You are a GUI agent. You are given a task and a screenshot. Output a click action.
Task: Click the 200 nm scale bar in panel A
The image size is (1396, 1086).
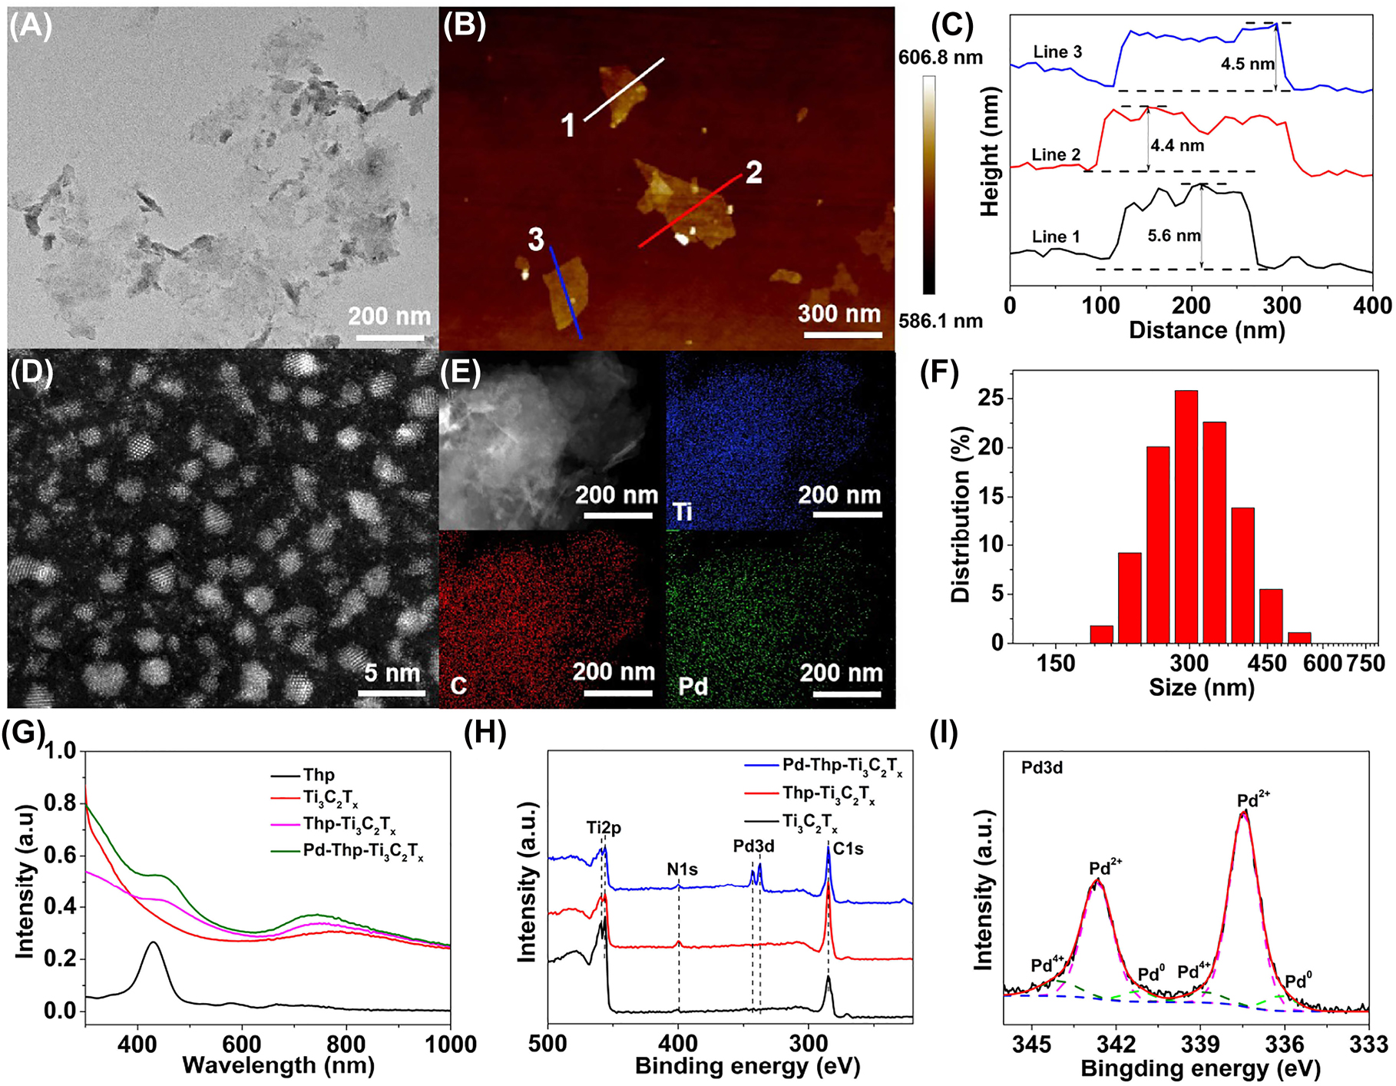pyautogui.click(x=390, y=336)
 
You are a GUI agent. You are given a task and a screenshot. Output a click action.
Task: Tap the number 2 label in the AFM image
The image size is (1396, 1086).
pyautogui.click(x=753, y=172)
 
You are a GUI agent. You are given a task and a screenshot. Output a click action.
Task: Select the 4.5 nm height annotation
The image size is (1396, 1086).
pyautogui.click(x=1247, y=64)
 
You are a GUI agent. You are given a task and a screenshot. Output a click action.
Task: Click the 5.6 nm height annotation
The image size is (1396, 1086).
pyautogui.click(x=1173, y=235)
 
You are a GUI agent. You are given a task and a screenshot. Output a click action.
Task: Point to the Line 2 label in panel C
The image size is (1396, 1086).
pyautogui.click(x=1055, y=155)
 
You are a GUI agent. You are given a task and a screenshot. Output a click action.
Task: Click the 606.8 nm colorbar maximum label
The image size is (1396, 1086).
pyautogui.click(x=940, y=58)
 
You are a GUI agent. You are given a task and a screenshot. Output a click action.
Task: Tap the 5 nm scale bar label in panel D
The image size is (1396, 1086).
pyautogui.click(x=392, y=673)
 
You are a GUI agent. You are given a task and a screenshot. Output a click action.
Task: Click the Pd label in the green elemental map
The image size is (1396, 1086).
pyautogui.click(x=693, y=686)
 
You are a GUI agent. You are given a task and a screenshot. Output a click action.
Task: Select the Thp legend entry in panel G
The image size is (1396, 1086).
pyautogui.click(x=318, y=775)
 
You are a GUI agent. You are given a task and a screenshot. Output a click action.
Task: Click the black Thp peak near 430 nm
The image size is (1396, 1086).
pyautogui.click(x=154, y=943)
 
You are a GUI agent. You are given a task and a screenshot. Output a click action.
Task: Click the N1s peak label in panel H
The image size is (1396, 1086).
pyautogui.click(x=682, y=869)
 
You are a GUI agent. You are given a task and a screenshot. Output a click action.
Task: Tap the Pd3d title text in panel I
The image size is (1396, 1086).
pyautogui.click(x=1042, y=768)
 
